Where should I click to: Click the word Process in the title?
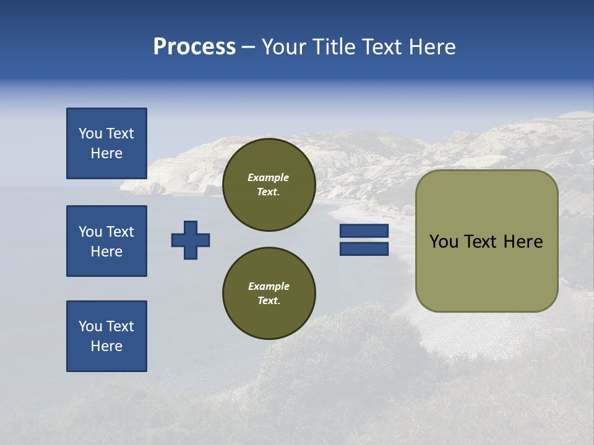[x=194, y=47]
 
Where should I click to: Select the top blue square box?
[x=106, y=143]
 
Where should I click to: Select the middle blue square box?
[x=106, y=241]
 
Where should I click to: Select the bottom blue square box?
[x=106, y=336]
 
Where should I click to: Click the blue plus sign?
[x=191, y=240]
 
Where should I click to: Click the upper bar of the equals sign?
[x=364, y=231]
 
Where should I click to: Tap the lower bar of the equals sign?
[x=364, y=249]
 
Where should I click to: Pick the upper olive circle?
[x=269, y=185]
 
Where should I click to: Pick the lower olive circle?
[x=269, y=293]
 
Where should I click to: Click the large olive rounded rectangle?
[x=486, y=241]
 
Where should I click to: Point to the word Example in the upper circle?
[x=269, y=177]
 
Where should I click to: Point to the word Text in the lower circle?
[x=268, y=300]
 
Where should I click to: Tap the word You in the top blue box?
[x=90, y=133]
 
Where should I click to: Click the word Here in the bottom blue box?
[x=106, y=346]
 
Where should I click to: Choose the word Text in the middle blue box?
[x=119, y=232]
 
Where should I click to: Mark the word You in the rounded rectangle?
[x=443, y=242]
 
